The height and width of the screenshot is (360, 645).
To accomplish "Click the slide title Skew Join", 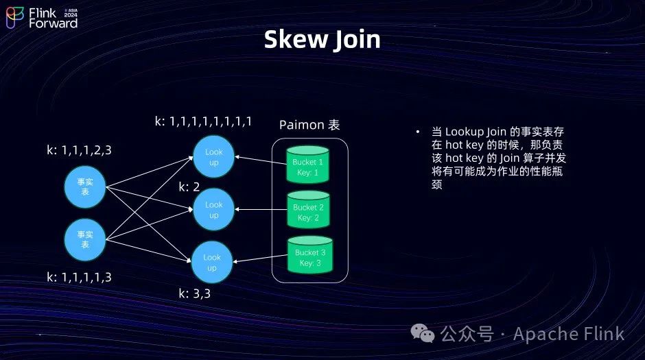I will click(322, 39).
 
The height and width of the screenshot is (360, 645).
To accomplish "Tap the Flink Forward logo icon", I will click(15, 18).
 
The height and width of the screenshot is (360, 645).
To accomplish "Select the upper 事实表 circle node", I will click(84, 182).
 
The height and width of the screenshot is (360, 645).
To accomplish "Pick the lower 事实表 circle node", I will click(84, 239).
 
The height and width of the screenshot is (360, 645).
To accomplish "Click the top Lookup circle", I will click(213, 157).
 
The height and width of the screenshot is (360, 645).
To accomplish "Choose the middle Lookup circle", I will click(213, 210).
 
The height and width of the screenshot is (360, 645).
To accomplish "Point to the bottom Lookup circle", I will click(212, 262).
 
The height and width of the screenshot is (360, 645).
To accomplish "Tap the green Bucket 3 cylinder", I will click(310, 256).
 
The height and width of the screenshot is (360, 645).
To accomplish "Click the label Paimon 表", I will click(309, 125).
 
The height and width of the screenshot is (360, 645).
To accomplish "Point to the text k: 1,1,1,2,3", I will click(78, 149).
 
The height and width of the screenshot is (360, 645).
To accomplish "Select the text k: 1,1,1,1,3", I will click(79, 277).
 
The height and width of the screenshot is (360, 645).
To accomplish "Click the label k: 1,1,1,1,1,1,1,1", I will click(202, 121).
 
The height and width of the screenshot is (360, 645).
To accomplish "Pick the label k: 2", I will click(189, 187).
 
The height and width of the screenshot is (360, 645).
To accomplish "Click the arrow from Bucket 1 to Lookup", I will click(260, 160).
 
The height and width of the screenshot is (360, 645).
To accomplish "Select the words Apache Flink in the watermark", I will click(569, 334).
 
